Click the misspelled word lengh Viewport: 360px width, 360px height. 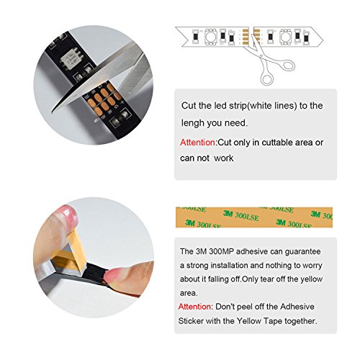pyautogui.click(x=193, y=123)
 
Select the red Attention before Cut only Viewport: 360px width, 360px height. pyautogui.click(x=198, y=143)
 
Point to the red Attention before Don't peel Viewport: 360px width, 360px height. pyautogui.click(x=195, y=307)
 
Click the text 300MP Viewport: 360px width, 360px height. pyautogui.click(x=222, y=251)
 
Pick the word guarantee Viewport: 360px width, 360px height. pyautogui.click(x=302, y=252)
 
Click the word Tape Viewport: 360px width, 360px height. pyautogui.click(x=273, y=321)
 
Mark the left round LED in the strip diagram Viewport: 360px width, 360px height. pyautogui.click(x=211, y=37)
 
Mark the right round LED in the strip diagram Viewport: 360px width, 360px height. pyautogui.click(x=286, y=37)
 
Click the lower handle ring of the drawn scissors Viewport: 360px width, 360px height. pyautogui.click(x=266, y=79)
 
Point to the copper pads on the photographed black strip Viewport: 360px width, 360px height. pyautogui.click(x=104, y=99)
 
